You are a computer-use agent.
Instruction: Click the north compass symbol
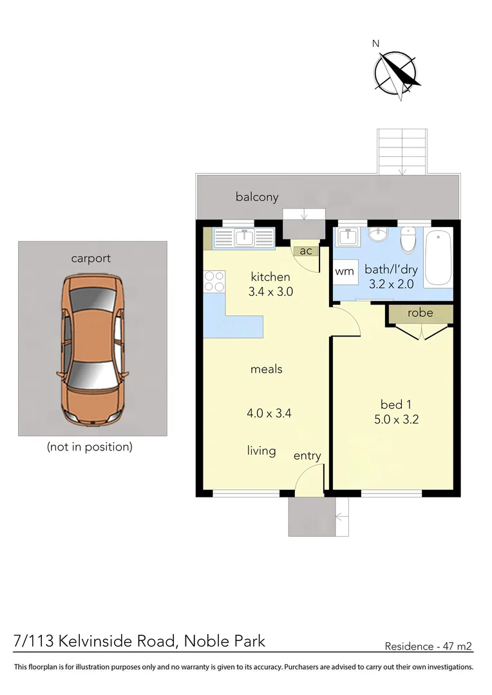[396, 73]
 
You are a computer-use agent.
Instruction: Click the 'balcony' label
[256, 197]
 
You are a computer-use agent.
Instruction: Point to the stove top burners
[214, 281]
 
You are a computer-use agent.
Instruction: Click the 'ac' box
[305, 251]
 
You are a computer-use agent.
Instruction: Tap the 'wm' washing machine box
[345, 272]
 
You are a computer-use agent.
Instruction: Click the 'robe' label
[420, 313]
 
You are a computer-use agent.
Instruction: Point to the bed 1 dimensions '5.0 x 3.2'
[395, 420]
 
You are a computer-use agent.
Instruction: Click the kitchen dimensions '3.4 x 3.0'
[270, 291]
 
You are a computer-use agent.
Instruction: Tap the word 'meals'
[266, 369]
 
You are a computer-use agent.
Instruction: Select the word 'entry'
[307, 456]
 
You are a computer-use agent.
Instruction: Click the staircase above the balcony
[402, 151]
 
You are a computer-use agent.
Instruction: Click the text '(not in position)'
[90, 447]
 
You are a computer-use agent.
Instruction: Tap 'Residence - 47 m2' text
[428, 645]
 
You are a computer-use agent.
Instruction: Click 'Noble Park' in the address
[224, 641]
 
